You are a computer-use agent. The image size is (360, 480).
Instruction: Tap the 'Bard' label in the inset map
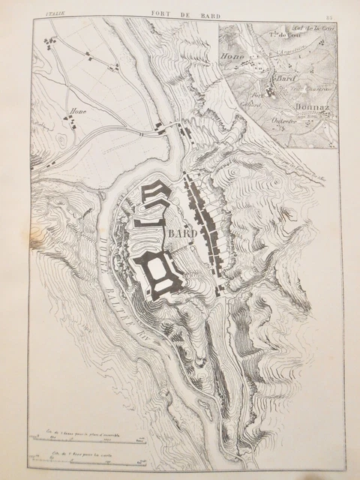point(283,79)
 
